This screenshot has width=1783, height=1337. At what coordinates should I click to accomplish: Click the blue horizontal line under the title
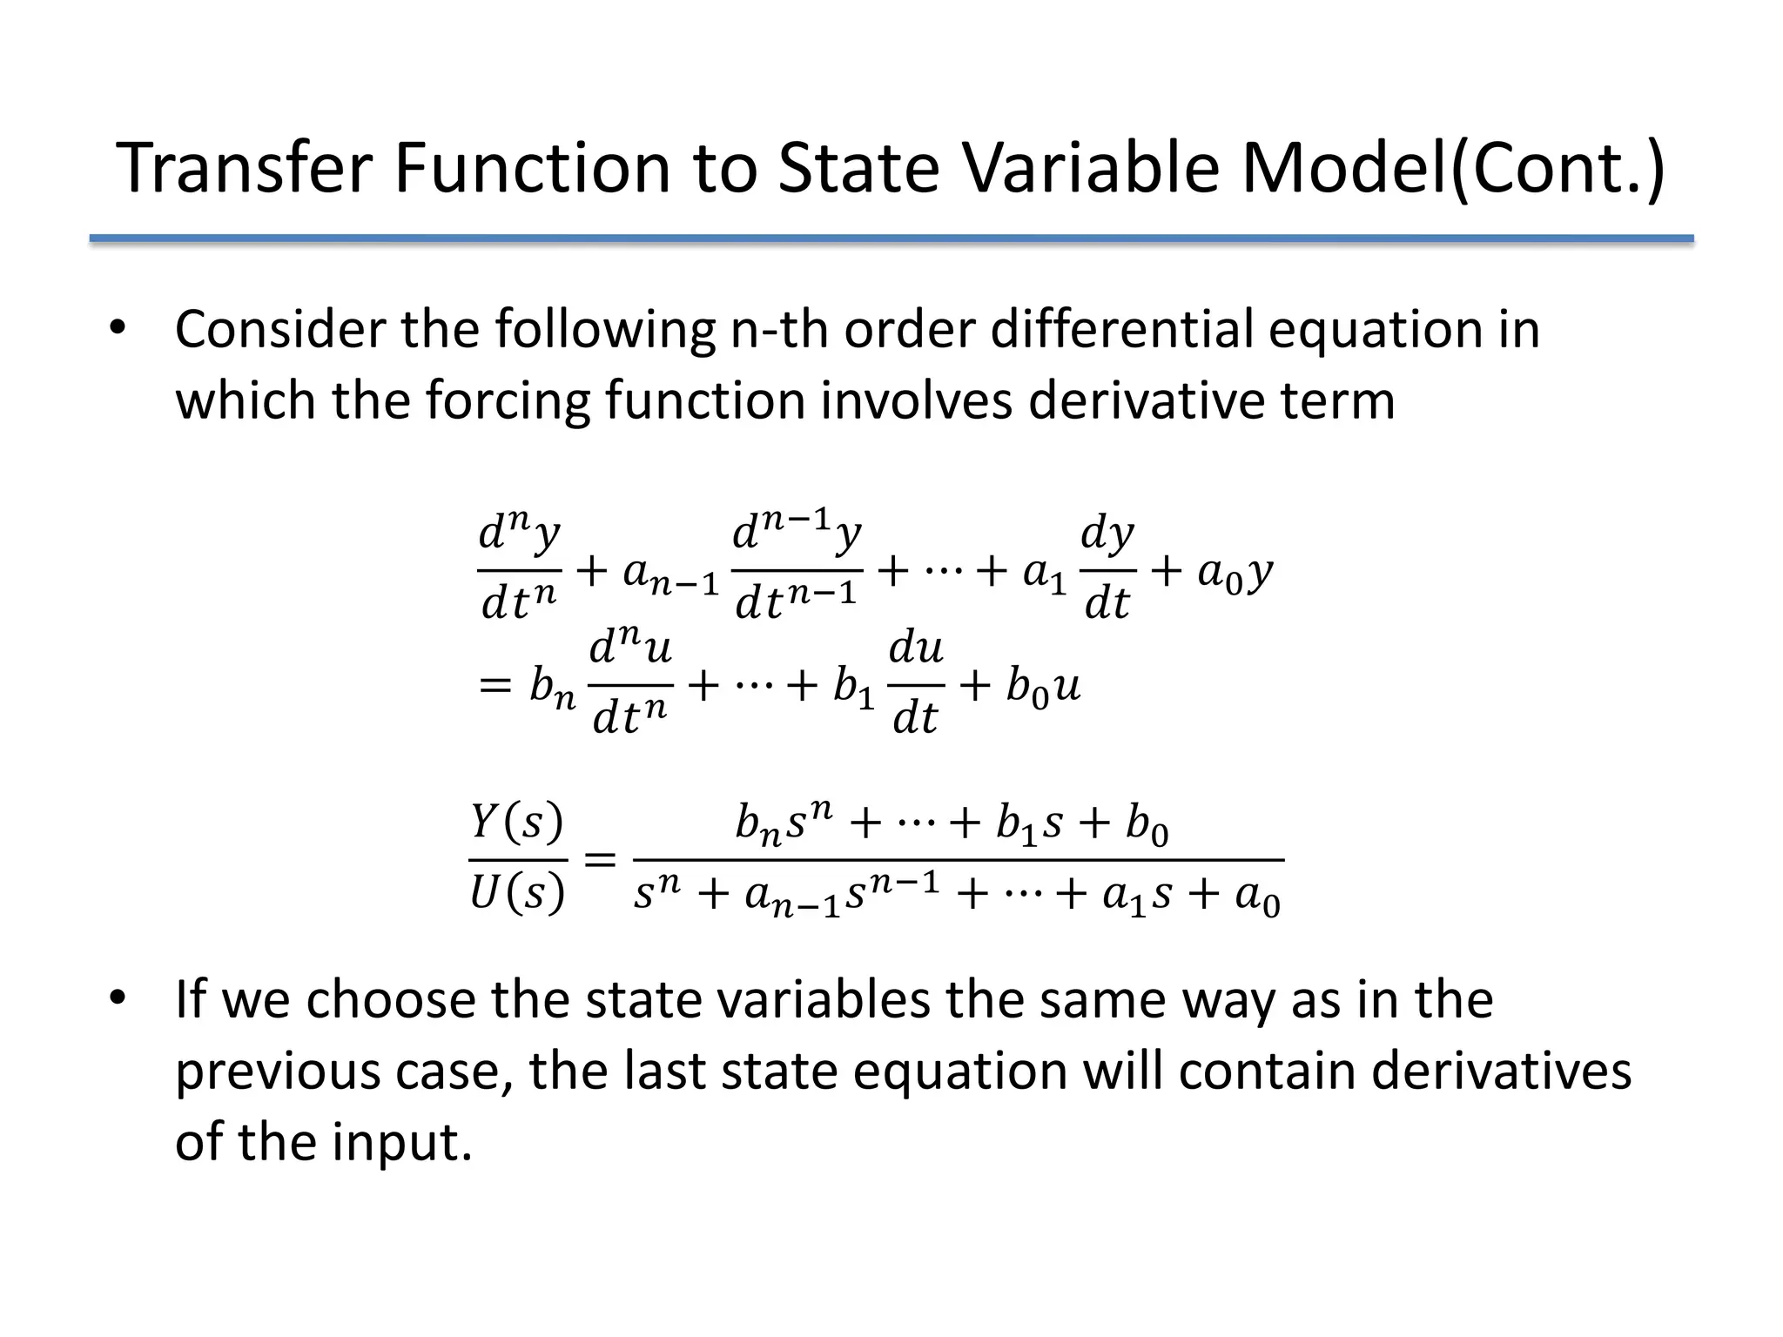tap(891, 239)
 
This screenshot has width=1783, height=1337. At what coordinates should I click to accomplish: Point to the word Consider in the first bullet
tap(279, 330)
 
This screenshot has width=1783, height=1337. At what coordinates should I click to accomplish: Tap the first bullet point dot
tap(118, 330)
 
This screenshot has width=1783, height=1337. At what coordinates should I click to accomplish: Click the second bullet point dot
tap(118, 999)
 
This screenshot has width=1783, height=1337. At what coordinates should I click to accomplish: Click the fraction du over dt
tap(916, 684)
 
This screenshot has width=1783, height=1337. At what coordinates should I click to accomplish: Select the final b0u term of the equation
tap(1043, 687)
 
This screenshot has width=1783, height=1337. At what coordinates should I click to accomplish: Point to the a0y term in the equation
tap(1235, 572)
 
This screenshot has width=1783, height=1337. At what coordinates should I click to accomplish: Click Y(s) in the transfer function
tap(517, 822)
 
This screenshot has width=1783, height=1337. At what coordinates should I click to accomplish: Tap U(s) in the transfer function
tap(517, 893)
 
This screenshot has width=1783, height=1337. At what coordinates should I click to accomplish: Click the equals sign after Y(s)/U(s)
tap(599, 860)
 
